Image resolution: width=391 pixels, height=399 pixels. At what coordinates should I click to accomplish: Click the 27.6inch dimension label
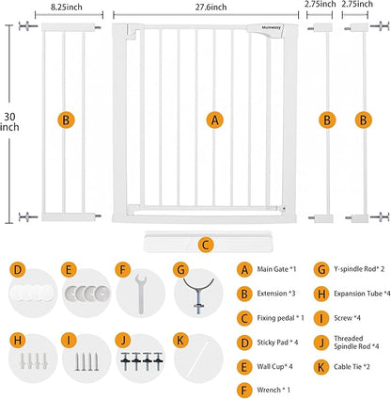pyautogui.click(x=211, y=7)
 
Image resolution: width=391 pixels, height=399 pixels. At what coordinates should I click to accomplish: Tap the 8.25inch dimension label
pyautogui.click(x=67, y=7)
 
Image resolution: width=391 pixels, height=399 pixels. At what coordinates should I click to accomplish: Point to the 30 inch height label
pyautogui.click(x=9, y=121)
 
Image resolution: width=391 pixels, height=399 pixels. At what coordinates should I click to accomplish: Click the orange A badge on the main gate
pyautogui.click(x=215, y=120)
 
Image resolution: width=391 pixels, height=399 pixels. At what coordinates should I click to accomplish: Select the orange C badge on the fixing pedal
pyautogui.click(x=206, y=245)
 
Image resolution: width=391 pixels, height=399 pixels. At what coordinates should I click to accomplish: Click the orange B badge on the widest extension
pyautogui.click(x=66, y=120)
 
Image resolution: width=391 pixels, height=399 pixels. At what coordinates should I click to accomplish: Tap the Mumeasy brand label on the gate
pyautogui.click(x=272, y=27)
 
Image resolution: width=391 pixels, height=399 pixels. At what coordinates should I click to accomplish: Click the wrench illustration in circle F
pyautogui.click(x=140, y=294)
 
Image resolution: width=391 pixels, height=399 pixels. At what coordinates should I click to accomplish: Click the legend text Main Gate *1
pyautogui.click(x=276, y=269)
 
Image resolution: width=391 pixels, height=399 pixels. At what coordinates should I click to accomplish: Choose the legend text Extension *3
pyautogui.click(x=276, y=294)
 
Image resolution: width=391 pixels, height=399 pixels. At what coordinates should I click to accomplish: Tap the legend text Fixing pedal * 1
pyautogui.click(x=280, y=318)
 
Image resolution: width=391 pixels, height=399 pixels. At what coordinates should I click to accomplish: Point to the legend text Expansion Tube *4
pyautogui.click(x=362, y=294)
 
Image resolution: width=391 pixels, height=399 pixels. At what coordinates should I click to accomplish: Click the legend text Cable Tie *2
pyautogui.click(x=352, y=366)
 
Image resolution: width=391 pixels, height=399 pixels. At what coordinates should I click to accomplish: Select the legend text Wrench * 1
pyautogui.click(x=274, y=390)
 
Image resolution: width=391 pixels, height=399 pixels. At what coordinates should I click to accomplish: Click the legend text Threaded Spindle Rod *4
pyautogui.click(x=356, y=343)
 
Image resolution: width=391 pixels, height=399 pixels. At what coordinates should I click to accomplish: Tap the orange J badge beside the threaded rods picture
pyautogui.click(x=123, y=341)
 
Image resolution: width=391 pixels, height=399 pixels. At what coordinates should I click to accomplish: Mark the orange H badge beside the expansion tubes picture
pyautogui.click(x=18, y=341)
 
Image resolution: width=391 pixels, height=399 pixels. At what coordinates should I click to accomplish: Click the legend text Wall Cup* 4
pyautogui.click(x=274, y=366)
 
